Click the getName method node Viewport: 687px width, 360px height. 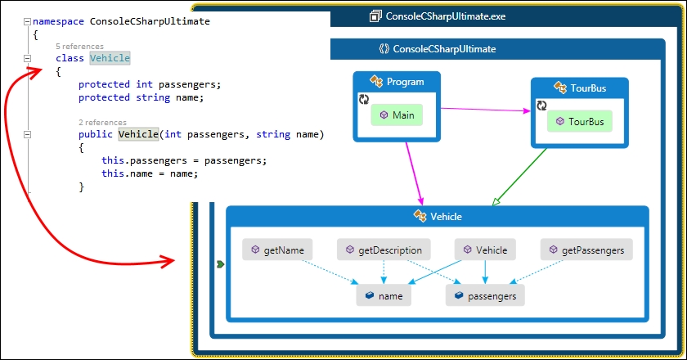(x=277, y=250)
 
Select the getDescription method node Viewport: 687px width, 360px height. (x=384, y=250)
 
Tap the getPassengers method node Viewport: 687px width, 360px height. (x=586, y=250)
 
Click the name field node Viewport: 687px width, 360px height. (x=384, y=295)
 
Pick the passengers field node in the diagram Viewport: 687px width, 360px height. (x=485, y=295)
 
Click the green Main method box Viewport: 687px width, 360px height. (x=397, y=115)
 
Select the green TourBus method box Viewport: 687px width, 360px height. (x=580, y=121)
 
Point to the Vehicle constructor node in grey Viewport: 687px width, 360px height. (x=485, y=250)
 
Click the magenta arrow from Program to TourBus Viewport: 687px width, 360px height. (x=486, y=110)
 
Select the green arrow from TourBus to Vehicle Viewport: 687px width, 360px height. (x=519, y=176)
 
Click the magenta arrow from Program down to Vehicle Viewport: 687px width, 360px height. (x=415, y=173)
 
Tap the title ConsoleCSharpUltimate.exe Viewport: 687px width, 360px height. (x=446, y=16)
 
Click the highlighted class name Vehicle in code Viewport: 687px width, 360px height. (x=110, y=58)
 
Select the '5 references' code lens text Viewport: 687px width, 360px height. (x=80, y=46)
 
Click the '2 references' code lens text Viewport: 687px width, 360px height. (x=102, y=123)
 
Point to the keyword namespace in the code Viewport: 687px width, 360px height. (x=58, y=21)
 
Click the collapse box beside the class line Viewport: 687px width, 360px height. (x=27, y=58)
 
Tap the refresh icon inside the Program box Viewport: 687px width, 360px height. (x=364, y=99)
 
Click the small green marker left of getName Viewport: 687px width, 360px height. (x=220, y=264)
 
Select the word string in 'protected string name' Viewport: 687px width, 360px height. (x=153, y=97)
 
